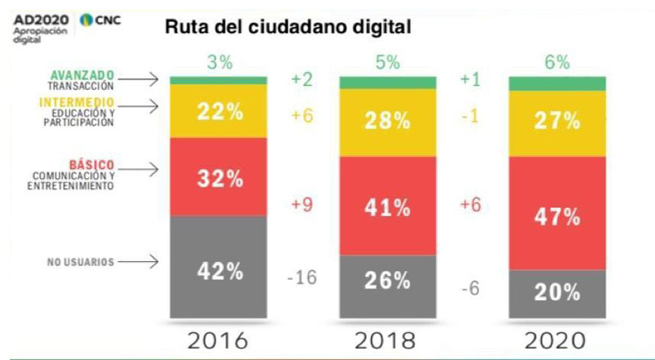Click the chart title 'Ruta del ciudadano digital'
click(x=287, y=27)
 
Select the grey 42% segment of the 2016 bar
click(x=219, y=266)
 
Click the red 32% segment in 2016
click(x=219, y=177)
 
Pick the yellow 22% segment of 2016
click(x=219, y=111)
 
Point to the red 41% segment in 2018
click(x=388, y=205)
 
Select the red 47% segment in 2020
click(x=558, y=213)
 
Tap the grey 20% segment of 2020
click(x=558, y=292)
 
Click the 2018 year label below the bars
click(x=388, y=340)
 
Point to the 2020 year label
click(x=558, y=340)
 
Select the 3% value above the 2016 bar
click(x=219, y=64)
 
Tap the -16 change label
click(x=303, y=277)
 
